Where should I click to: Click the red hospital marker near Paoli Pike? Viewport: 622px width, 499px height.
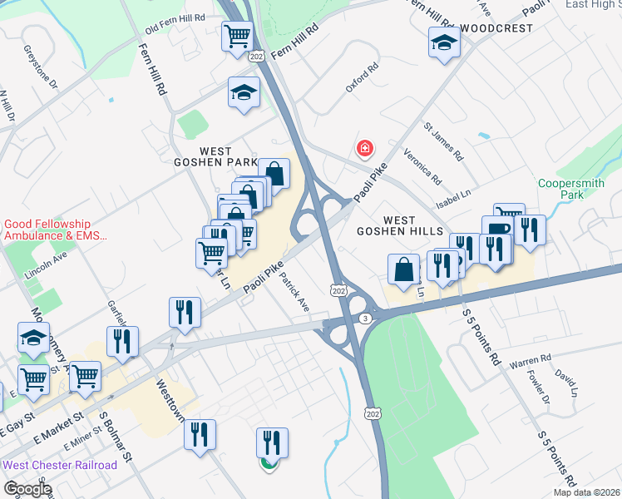pos(364,149)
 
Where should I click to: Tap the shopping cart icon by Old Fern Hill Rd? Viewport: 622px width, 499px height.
pos(238,36)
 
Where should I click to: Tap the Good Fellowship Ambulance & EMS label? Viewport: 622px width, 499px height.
pos(56,230)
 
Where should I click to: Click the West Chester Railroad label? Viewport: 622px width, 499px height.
pos(60,465)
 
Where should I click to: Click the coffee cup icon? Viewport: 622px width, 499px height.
pos(496,230)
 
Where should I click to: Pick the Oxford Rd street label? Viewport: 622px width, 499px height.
pos(362,77)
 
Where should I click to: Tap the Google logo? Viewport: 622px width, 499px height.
pos(27,489)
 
